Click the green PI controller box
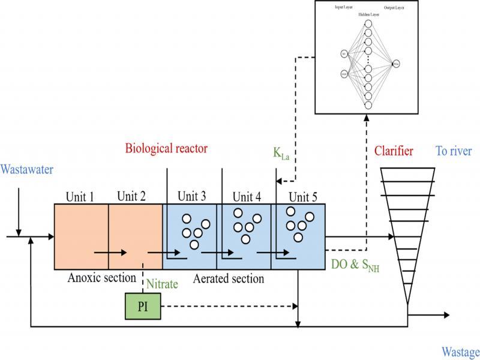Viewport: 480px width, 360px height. point(143,306)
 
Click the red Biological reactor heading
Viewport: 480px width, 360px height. point(167,148)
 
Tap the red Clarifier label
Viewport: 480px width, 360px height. point(393,151)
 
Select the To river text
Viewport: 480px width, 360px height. point(454,151)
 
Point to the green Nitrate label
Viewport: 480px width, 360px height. point(163,284)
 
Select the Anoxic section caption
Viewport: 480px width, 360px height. point(101,278)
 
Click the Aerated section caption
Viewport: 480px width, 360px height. point(229,278)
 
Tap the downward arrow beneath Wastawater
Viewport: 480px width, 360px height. point(19,230)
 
